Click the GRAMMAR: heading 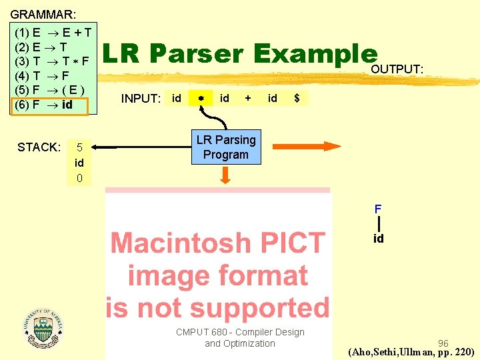[43, 13]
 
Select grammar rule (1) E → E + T [53, 32]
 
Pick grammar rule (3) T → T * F [53, 61]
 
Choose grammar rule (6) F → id [47, 105]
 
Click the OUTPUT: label [397, 69]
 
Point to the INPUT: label [141, 99]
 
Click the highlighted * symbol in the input [200, 99]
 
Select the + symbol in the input [248, 98]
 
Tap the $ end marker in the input [297, 99]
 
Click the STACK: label [39, 147]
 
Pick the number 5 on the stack [79, 147]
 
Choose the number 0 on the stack [79, 179]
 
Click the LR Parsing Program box [225, 147]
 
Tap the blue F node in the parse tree [378, 209]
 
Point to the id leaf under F [378, 239]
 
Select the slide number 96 [443, 343]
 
